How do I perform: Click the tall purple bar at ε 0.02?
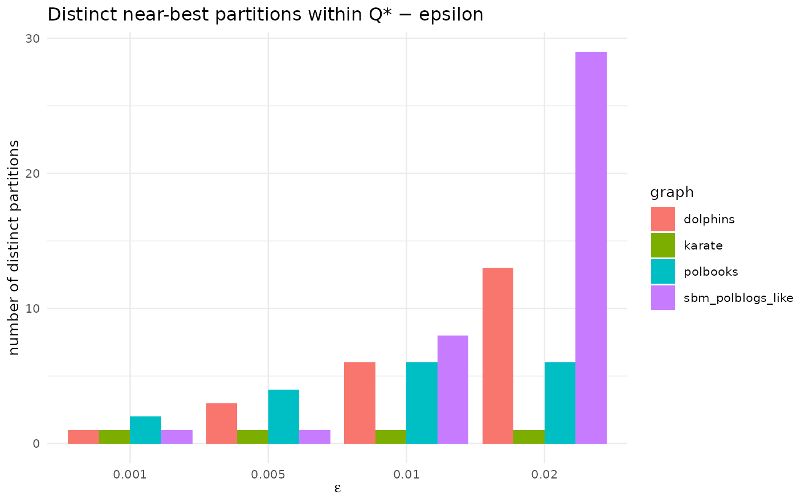[591, 248]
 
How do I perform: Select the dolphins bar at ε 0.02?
[498, 355]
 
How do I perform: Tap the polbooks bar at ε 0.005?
[284, 417]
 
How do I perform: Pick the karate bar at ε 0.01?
[391, 437]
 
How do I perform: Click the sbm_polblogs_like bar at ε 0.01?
[453, 390]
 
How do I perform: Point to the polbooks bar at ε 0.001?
[145, 430]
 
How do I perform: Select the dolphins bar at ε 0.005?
[222, 424]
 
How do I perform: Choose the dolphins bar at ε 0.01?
[359, 403]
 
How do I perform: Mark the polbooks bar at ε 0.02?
[560, 403]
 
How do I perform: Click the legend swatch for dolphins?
[663, 219]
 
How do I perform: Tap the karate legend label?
[703, 246]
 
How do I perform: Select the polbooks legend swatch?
[663, 272]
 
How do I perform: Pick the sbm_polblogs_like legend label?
[738, 298]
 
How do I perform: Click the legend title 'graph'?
[672, 193]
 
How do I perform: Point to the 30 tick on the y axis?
[32, 39]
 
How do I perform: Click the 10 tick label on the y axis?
[32, 309]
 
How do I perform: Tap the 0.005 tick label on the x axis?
[268, 475]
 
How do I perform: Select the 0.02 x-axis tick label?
[544, 475]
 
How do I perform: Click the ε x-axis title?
[337, 489]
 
